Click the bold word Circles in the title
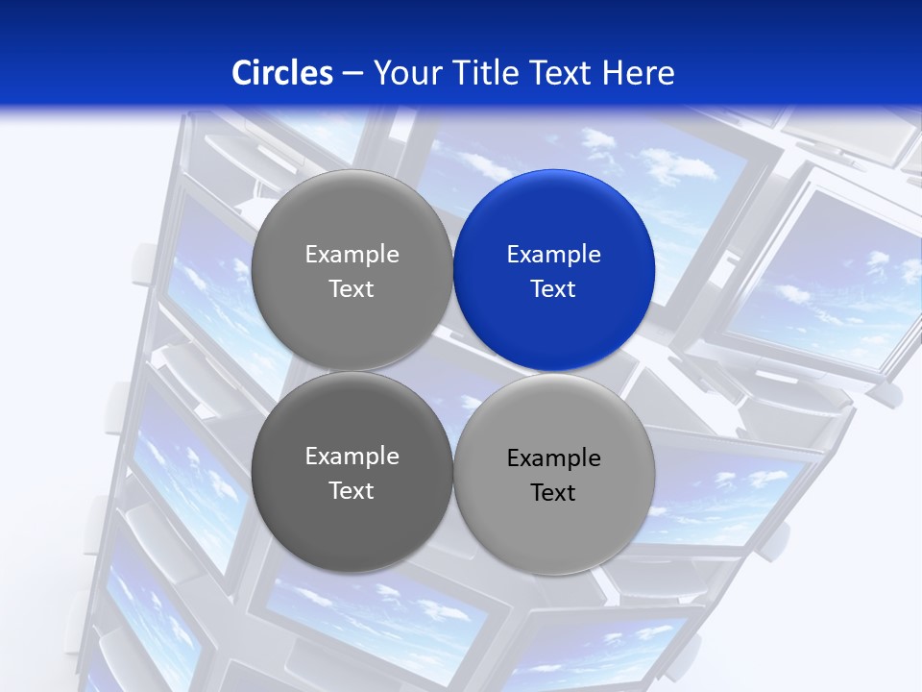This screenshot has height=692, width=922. click(282, 73)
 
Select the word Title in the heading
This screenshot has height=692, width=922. click(486, 73)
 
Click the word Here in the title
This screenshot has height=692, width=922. click(639, 73)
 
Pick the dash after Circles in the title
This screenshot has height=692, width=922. click(352, 74)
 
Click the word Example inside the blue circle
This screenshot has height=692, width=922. click(554, 255)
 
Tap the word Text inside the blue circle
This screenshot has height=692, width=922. click(553, 289)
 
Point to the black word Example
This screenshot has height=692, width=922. click(554, 458)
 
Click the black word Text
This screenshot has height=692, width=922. click(553, 493)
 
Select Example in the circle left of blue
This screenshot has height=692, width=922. click(352, 255)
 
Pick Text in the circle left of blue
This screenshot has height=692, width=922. click(352, 289)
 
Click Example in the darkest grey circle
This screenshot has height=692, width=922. click(352, 457)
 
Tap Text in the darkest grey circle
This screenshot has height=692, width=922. click(352, 491)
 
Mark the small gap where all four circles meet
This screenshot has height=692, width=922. click(453, 372)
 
